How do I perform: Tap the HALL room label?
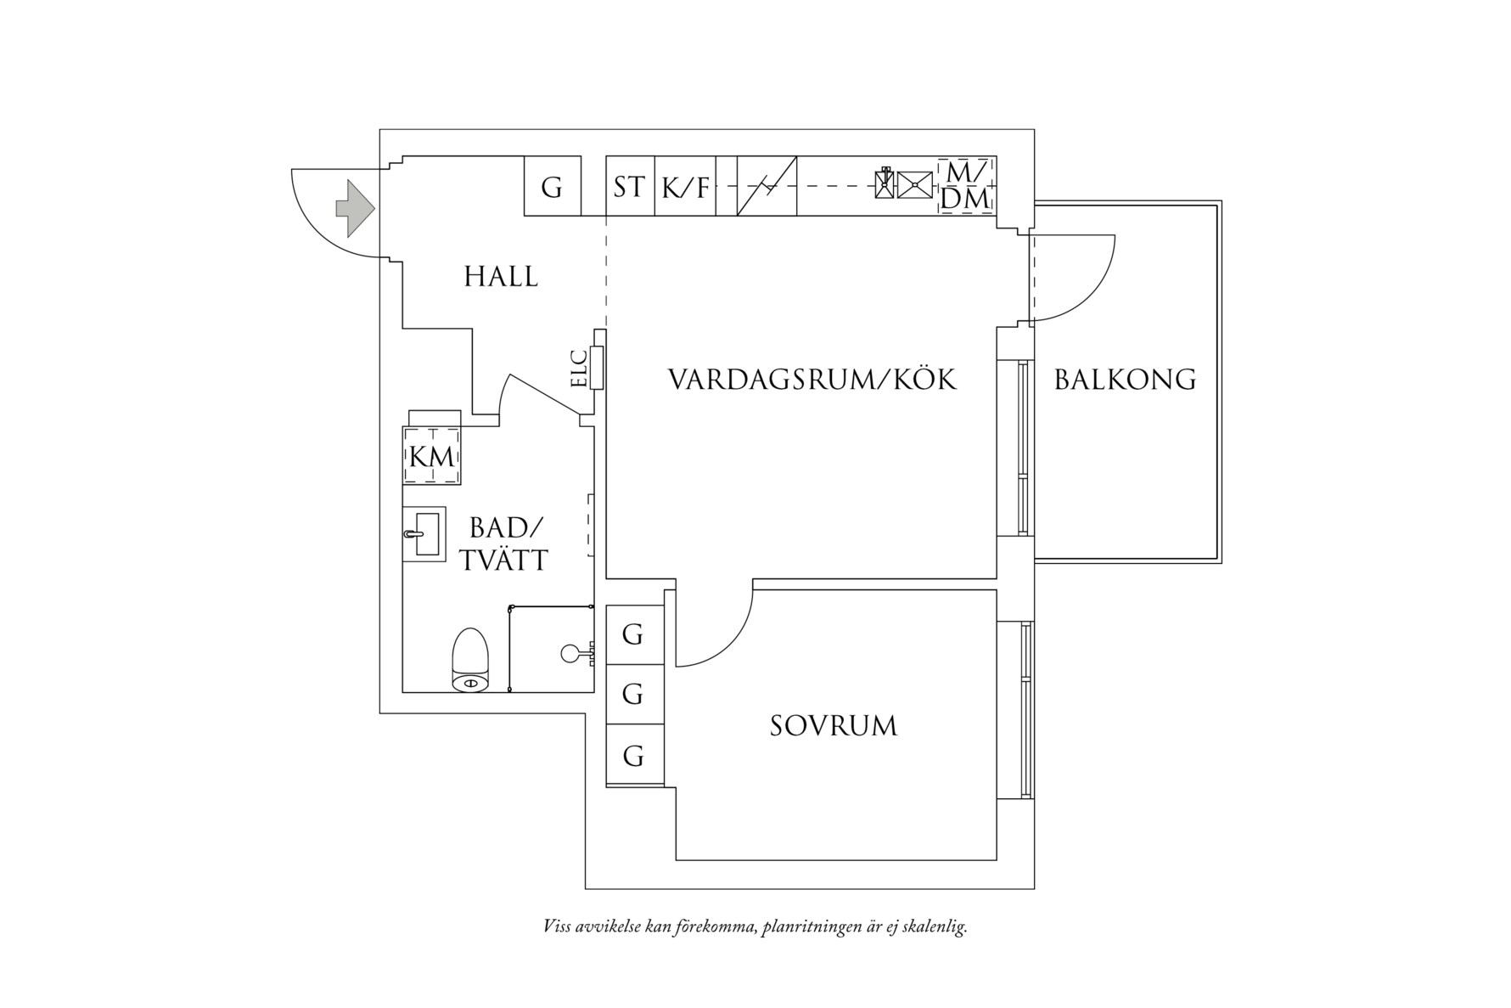pos(501,277)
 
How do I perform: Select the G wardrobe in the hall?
pos(552,186)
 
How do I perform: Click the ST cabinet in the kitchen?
pos(629,186)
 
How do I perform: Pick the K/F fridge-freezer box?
pos(685,187)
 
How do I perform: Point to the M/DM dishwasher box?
pos(967,186)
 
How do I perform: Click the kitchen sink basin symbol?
pos(915,185)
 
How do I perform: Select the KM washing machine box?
pos(431,456)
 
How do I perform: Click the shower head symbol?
pos(570,653)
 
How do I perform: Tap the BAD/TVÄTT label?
pos(504,543)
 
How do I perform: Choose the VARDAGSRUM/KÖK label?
pos(812,380)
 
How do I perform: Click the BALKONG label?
pos(1125,380)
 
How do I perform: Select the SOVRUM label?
pos(833,726)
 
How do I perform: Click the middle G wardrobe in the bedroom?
pos(633,695)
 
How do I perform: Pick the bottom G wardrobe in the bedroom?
pos(633,756)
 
